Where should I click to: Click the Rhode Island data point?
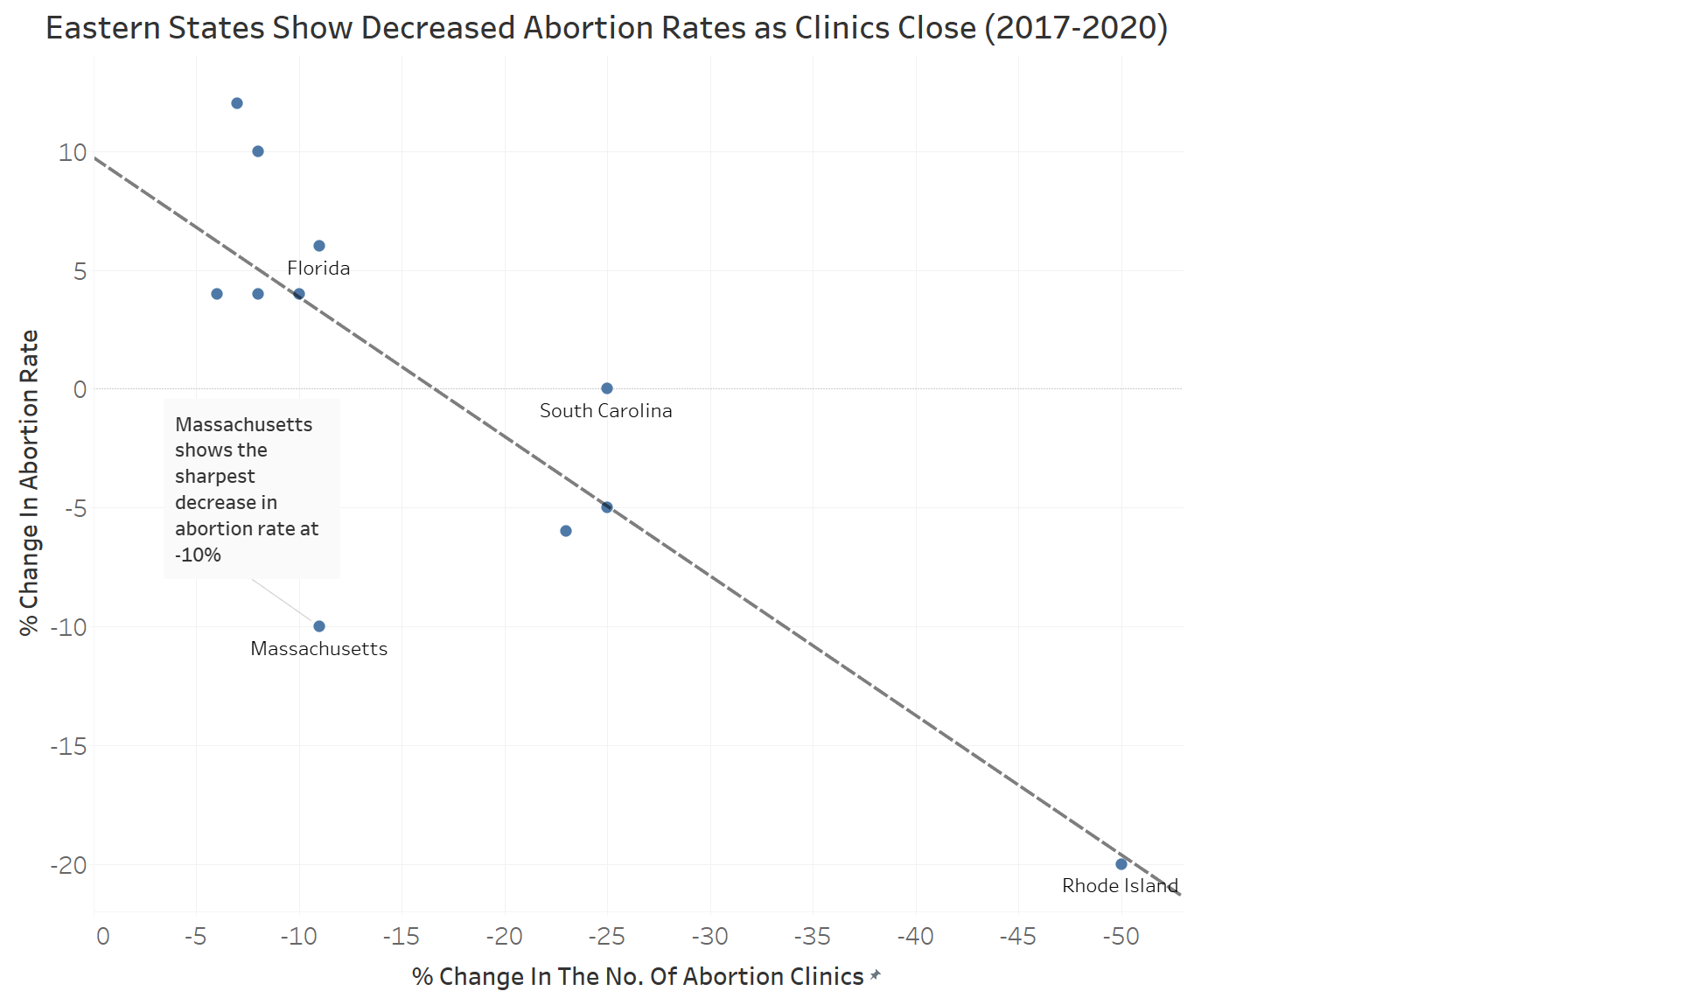coord(1121,864)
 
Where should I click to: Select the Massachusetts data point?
coord(319,626)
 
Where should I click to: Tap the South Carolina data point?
coord(607,388)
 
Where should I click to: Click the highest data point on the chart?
coord(237,103)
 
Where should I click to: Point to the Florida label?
coord(318,269)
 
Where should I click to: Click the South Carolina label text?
coord(606,411)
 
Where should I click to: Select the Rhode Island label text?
coord(1120,886)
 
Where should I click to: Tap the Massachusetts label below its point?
coord(319,649)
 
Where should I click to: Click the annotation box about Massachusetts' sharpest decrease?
coord(252,489)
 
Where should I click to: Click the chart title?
coord(607,28)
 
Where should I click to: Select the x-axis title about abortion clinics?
coord(638,976)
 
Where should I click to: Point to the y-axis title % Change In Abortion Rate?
coord(29,483)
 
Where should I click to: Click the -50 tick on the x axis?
coord(1121,937)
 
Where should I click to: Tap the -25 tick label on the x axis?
coord(606,937)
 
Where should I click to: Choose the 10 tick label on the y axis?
coord(73,152)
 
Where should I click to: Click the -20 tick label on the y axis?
coord(68,865)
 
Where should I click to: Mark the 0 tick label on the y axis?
coord(80,389)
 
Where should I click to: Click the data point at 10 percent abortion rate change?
coord(258,151)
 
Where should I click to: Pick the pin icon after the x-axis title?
coord(876,975)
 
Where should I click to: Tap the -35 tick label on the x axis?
coord(812,937)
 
